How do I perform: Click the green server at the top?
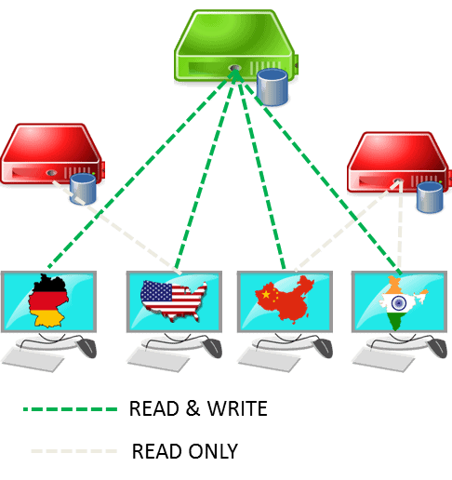[x=235, y=47]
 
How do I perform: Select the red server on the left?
[x=52, y=153]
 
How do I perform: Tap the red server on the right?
[x=399, y=162]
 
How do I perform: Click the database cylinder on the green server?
[x=273, y=87]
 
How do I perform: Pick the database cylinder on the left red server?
[x=83, y=189]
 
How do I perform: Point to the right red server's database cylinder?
[x=430, y=197]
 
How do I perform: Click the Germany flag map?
[x=48, y=300]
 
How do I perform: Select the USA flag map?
[x=174, y=300]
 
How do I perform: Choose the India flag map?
[x=402, y=302]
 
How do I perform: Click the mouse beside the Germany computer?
[x=86, y=348]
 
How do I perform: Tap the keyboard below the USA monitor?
[x=158, y=360]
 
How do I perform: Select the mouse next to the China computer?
[x=323, y=348]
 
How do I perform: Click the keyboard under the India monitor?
[x=383, y=360]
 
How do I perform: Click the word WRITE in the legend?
[x=237, y=408]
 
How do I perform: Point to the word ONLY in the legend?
[x=213, y=451]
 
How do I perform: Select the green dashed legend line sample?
[x=71, y=409]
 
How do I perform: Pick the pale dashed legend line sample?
[x=74, y=451]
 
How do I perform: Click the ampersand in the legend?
[x=193, y=408]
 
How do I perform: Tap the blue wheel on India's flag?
[x=399, y=302]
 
